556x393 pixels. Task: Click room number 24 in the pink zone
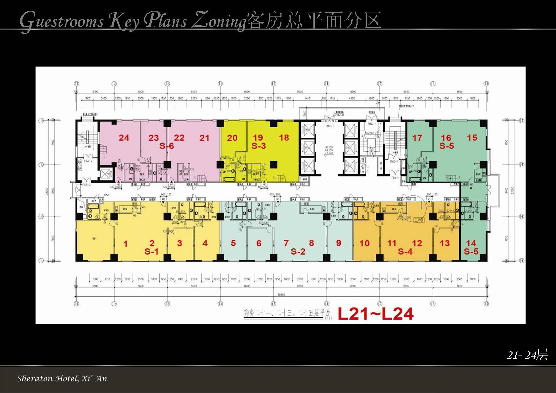coord(124,138)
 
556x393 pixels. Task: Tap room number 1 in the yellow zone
coord(126,244)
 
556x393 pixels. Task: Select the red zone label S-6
coord(167,146)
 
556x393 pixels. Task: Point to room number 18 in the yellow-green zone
coord(284,138)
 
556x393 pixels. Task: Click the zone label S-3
coord(258,146)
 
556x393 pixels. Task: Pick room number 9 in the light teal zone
coord(338,243)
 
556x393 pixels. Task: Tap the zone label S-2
coord(298,251)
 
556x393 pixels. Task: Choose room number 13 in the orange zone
coord(445,243)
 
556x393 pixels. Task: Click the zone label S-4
coord(405,251)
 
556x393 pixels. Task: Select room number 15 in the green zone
coord(472,138)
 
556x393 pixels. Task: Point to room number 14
coord(471,243)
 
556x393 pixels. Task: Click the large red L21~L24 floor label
coord(375,314)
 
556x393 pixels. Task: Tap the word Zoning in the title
coord(218,21)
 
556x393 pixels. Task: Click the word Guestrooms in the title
coord(62,21)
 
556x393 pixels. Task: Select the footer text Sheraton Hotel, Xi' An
coord(62,379)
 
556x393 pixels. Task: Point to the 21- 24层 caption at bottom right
coord(527,355)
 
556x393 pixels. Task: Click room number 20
coord(232,138)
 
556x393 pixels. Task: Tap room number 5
coord(233,243)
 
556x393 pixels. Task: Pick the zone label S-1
coord(151,251)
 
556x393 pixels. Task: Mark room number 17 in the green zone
coord(417,138)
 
